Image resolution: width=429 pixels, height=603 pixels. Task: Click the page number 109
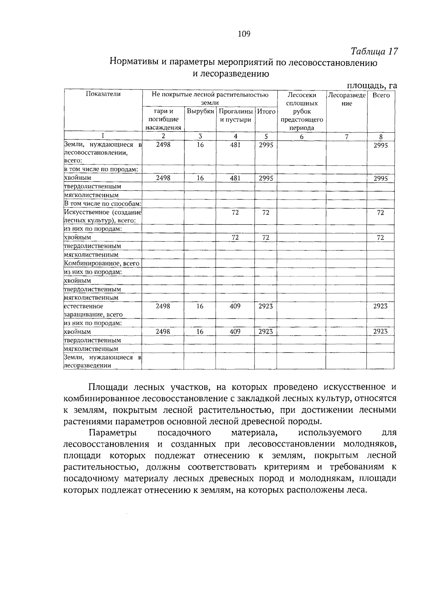(244, 34)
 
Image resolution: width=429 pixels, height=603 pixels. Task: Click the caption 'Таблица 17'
(374, 51)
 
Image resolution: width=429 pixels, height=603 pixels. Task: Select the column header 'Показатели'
(103, 94)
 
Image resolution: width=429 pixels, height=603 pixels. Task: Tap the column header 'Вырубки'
(200, 112)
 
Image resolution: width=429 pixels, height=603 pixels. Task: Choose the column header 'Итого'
(266, 112)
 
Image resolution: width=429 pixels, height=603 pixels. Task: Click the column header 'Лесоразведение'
(346, 99)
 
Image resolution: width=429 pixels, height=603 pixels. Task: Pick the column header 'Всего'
(381, 95)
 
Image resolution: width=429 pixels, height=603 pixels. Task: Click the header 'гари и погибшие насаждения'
(163, 119)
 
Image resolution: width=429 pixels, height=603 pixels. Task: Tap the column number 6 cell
(301, 137)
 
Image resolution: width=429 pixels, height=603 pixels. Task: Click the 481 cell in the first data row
(235, 145)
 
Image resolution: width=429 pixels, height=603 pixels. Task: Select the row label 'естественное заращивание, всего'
(93, 310)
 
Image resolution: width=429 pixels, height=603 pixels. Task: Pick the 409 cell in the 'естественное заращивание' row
(235, 306)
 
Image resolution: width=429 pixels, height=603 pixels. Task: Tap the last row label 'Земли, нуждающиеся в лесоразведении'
(103, 361)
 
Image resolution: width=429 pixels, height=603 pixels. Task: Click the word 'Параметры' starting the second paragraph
(113, 433)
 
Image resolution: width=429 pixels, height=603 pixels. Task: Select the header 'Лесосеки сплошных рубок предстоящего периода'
(301, 111)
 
